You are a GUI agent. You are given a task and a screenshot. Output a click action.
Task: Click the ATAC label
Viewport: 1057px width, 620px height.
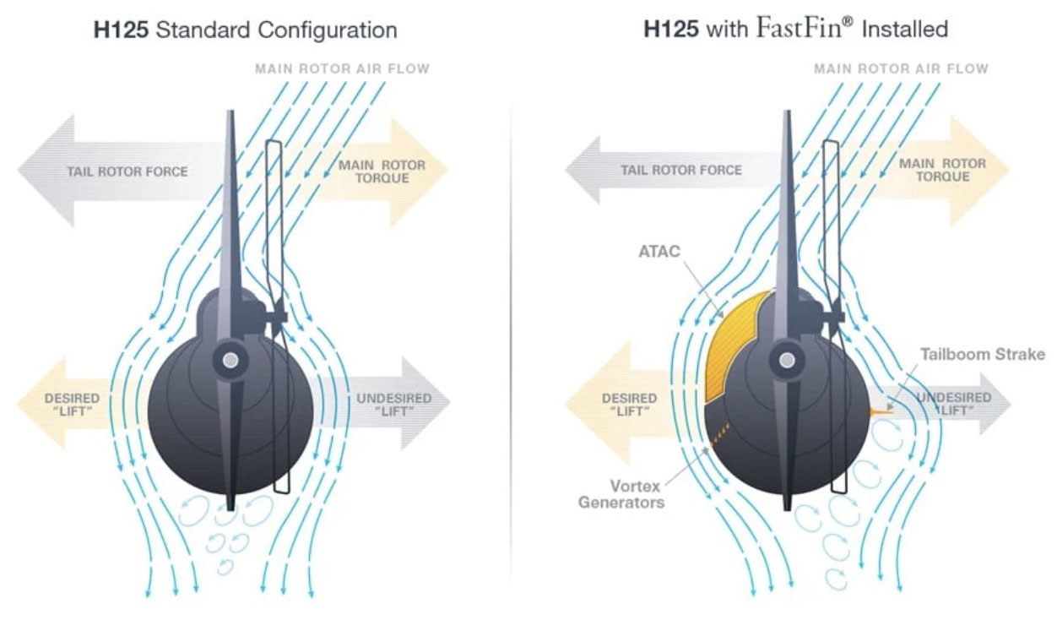[x=659, y=251]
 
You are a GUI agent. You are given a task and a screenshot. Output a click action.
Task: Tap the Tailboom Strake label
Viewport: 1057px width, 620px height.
[x=983, y=354]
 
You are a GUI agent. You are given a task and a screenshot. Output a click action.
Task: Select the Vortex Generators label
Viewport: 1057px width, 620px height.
[x=621, y=494]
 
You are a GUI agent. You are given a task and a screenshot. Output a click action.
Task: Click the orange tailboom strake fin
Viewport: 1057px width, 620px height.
[x=881, y=412]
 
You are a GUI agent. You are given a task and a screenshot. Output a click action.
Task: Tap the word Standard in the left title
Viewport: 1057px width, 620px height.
[x=203, y=30]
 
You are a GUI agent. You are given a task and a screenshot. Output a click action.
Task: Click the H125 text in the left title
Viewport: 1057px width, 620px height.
[x=122, y=30]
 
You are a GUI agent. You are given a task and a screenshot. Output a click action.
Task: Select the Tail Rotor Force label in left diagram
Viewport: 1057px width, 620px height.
[x=127, y=171]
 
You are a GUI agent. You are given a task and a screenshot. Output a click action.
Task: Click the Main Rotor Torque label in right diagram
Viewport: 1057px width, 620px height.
[x=942, y=170]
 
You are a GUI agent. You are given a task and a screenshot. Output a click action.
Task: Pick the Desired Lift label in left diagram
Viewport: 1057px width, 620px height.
[x=73, y=405]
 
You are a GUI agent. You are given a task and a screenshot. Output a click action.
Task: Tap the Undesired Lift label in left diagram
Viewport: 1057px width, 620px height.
[x=394, y=405]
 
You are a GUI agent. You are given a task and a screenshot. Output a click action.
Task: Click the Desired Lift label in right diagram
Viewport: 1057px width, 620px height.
[x=630, y=405]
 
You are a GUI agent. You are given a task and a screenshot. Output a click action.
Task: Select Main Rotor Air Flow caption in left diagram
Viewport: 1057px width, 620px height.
[x=342, y=69]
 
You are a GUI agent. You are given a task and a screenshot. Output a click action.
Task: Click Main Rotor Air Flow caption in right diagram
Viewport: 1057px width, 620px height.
[x=901, y=69]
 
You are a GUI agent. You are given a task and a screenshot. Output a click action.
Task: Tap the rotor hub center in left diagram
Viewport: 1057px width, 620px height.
[x=230, y=361]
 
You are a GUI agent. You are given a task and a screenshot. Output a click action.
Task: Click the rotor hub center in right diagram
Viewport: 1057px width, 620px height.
[x=787, y=361]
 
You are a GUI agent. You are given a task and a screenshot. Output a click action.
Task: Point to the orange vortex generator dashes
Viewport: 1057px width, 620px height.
[x=719, y=435]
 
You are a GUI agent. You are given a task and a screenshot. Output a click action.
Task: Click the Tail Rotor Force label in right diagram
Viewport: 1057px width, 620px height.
[x=681, y=170]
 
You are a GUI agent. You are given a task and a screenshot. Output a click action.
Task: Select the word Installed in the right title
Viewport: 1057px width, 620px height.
[x=905, y=30]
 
